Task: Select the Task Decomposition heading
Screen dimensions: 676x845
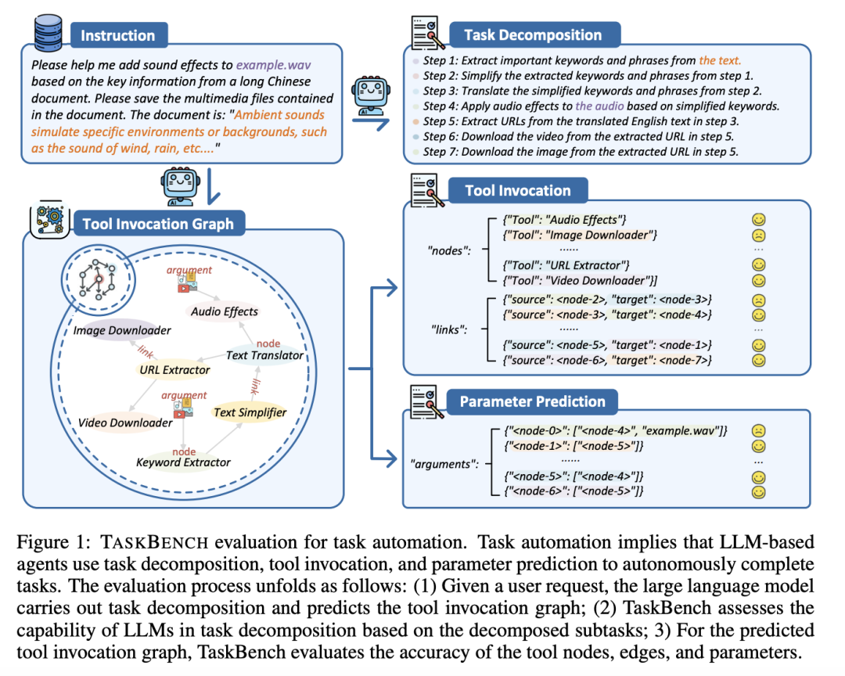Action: tap(533, 35)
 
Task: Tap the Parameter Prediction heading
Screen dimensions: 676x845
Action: tap(532, 401)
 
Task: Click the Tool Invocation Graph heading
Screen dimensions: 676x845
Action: tap(158, 225)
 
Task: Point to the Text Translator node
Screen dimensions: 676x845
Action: tap(264, 354)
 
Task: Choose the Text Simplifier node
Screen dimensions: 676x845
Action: tap(250, 412)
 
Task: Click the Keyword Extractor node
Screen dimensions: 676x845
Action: tap(183, 462)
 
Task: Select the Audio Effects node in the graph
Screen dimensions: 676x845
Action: tap(224, 311)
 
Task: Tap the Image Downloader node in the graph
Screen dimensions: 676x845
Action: tap(122, 330)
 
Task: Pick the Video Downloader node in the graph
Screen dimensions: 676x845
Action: tap(125, 422)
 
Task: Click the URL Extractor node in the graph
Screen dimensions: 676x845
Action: tap(174, 369)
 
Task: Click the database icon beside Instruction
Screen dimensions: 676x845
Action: tap(48, 34)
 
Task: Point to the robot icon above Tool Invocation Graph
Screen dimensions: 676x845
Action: tap(176, 185)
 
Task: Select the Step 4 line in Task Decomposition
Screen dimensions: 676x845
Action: tap(600, 106)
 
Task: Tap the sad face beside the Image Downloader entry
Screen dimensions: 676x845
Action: tap(757, 236)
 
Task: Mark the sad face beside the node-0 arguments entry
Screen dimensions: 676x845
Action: tap(757, 431)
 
